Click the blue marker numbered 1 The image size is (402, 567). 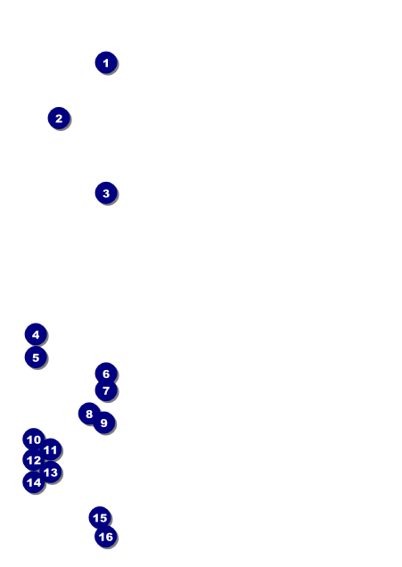[x=106, y=62]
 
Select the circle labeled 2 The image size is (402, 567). [x=59, y=118]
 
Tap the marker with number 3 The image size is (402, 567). [x=106, y=193]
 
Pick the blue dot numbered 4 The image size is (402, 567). [x=36, y=334]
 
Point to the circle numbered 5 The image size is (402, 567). [x=36, y=357]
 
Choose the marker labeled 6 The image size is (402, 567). [x=106, y=374]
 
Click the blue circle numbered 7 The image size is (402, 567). [x=106, y=390]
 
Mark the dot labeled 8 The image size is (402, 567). [x=89, y=414]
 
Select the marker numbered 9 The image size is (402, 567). [x=104, y=422]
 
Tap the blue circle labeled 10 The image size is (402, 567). [x=34, y=440]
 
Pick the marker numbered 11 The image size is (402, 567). [x=51, y=449]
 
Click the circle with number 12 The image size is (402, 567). [x=34, y=460]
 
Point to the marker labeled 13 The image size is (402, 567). [x=51, y=472]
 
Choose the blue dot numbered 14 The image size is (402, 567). [x=34, y=482]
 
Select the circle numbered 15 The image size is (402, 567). [x=100, y=517]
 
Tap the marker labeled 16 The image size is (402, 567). [x=106, y=537]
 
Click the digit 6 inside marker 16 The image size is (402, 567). [x=109, y=537]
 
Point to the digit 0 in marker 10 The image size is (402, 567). [x=37, y=440]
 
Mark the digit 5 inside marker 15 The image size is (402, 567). [x=103, y=518]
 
